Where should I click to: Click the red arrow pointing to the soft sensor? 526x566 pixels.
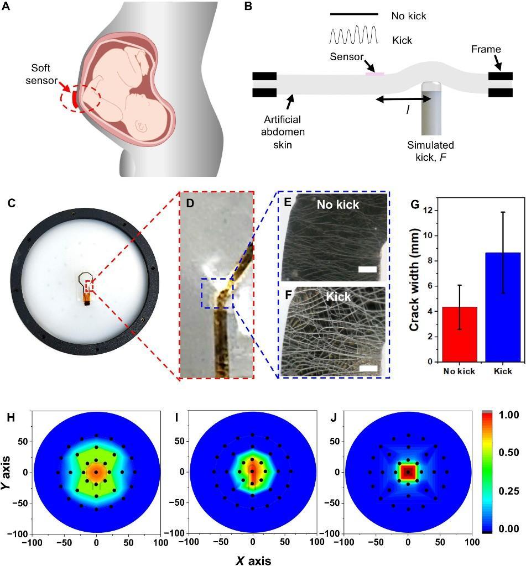click(x=65, y=90)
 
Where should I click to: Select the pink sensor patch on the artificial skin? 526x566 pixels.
click(x=374, y=73)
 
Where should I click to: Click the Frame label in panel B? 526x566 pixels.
click(x=486, y=49)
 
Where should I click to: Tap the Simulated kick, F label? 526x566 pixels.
click(x=430, y=150)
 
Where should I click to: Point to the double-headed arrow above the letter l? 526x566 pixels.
click(x=403, y=99)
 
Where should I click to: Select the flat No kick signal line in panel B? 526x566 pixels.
click(x=354, y=14)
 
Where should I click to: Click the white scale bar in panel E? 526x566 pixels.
click(x=367, y=269)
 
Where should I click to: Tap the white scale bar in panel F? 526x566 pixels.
click(x=367, y=367)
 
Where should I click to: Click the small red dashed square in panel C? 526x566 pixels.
click(x=90, y=286)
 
